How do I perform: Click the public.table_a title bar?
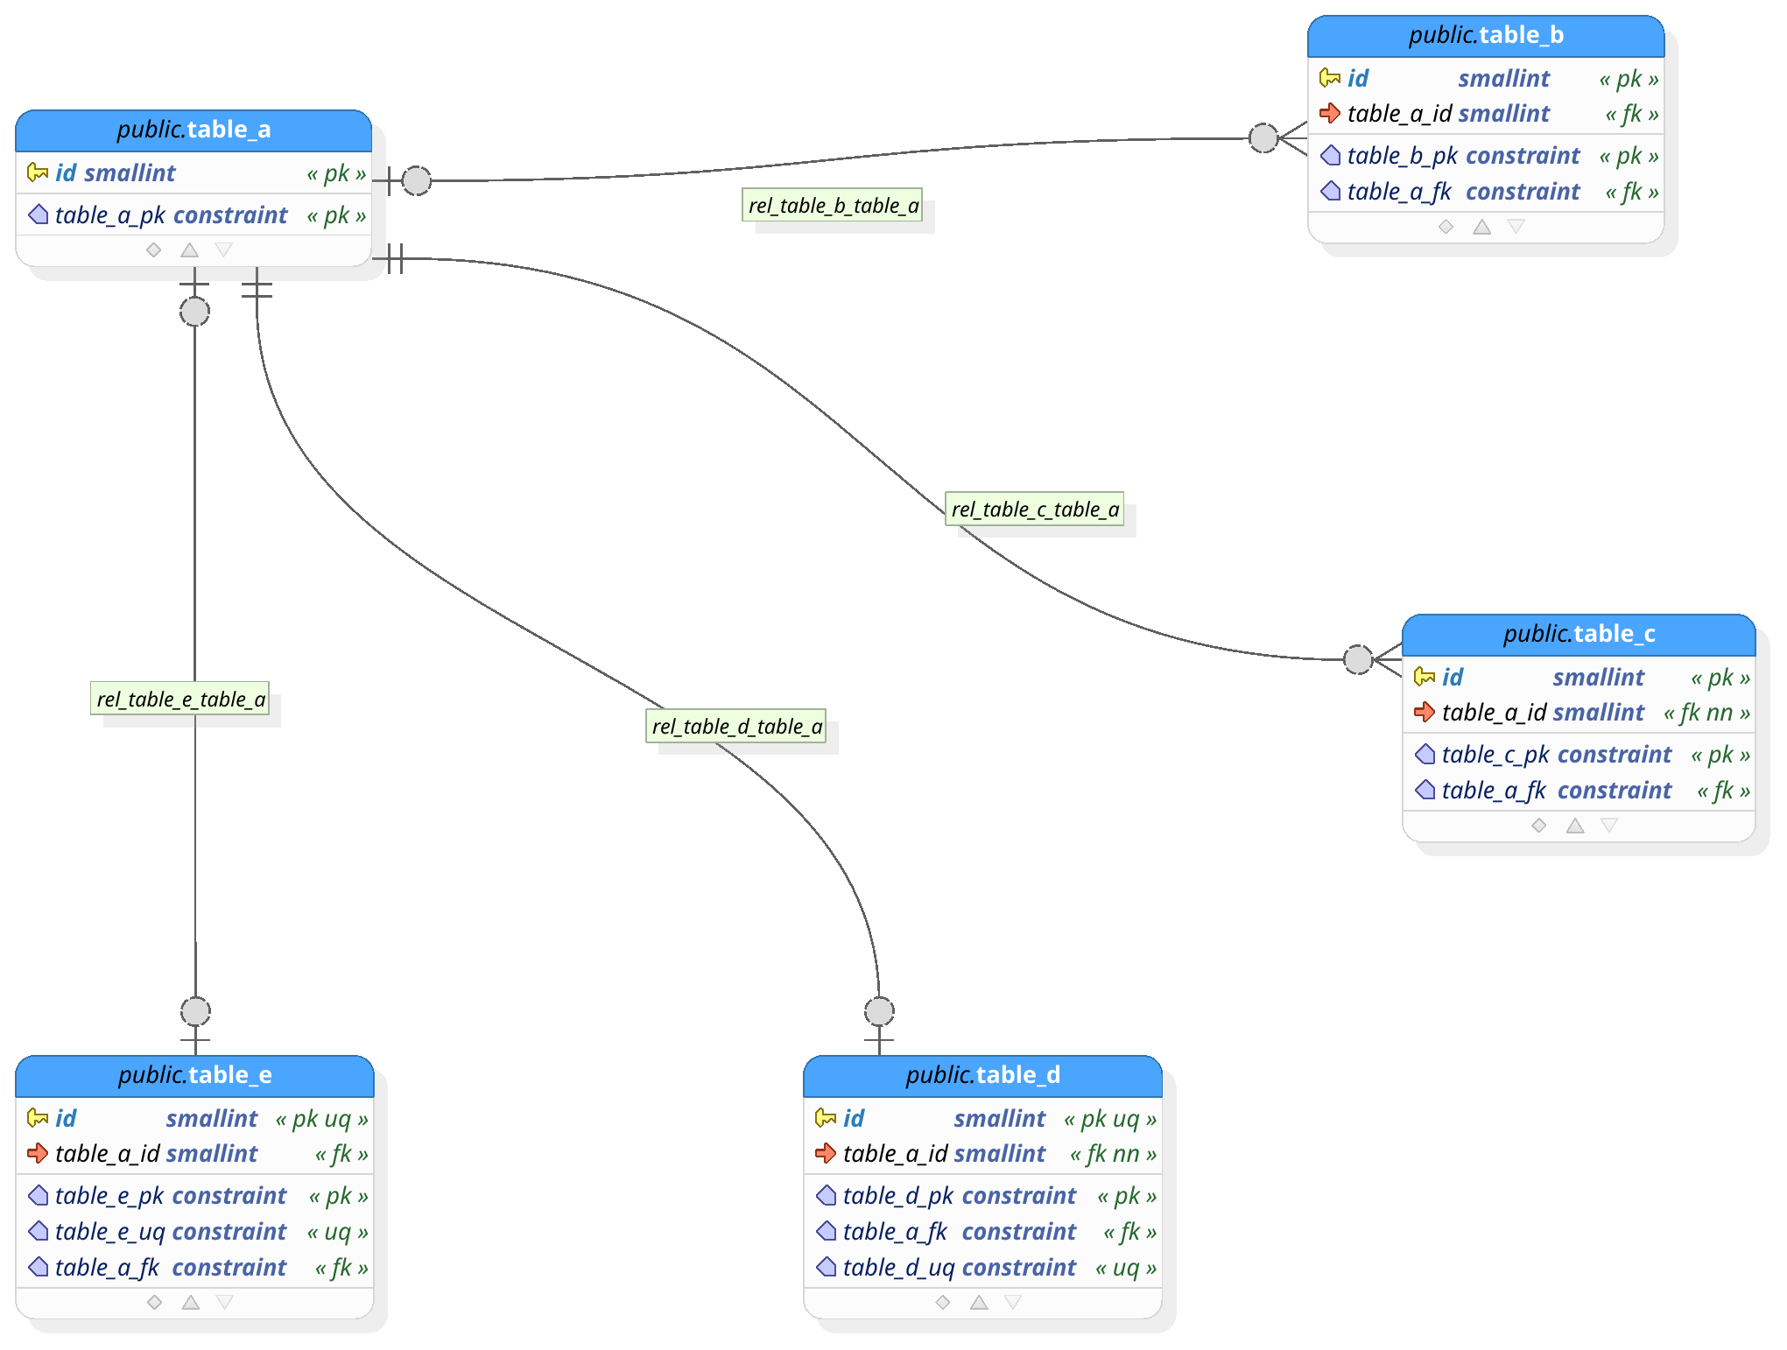point(193,130)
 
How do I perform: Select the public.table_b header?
point(1485,35)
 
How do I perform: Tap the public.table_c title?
point(1579,634)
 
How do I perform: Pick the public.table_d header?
point(982,1075)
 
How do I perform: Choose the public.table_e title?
point(194,1075)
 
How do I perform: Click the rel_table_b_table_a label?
point(833,206)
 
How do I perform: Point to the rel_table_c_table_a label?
point(1035,510)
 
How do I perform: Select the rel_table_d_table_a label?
point(736,727)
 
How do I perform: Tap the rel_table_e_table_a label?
point(180,700)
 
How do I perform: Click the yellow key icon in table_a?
point(38,172)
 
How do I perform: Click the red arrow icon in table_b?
point(1330,113)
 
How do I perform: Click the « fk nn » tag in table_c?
point(1706,713)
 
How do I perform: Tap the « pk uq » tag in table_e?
point(321,1119)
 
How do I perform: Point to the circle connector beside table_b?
point(1263,137)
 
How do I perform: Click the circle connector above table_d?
point(879,1011)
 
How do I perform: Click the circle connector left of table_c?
point(1358,659)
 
